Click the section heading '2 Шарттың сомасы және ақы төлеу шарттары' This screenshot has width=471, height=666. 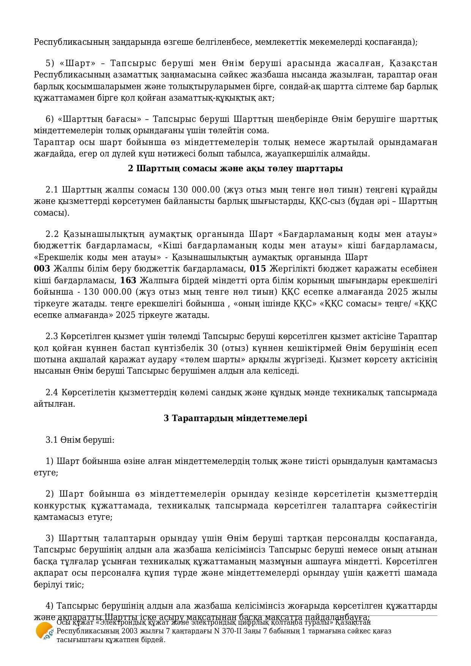click(x=235, y=168)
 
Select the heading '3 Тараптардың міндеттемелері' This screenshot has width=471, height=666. click(x=235, y=418)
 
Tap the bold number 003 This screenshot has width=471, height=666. click(x=42, y=269)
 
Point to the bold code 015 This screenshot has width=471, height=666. click(x=258, y=269)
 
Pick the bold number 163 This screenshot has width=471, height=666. click(x=128, y=281)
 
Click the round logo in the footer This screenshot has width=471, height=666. click(x=44, y=631)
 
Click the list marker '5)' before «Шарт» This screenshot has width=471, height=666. click(x=50, y=63)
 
